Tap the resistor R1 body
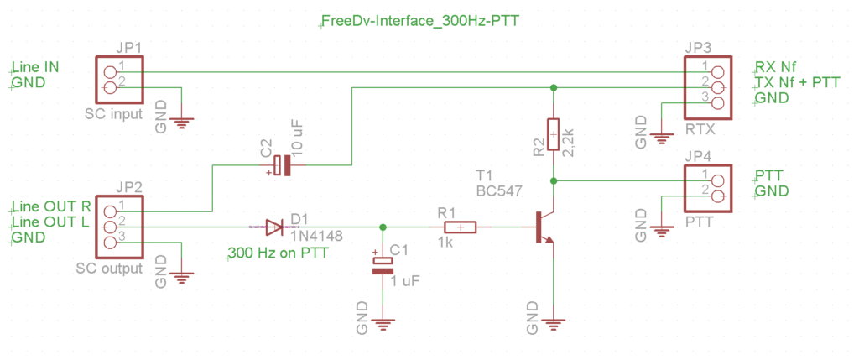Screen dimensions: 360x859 click(461, 227)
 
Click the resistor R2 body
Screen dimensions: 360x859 click(553, 134)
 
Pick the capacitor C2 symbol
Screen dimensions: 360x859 click(283, 166)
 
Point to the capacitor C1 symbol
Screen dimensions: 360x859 click(383, 266)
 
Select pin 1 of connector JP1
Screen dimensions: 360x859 click(110, 66)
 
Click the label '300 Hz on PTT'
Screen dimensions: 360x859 click(273, 253)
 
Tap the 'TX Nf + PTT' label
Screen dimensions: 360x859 click(796, 82)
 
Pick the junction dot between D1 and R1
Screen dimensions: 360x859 click(383, 227)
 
